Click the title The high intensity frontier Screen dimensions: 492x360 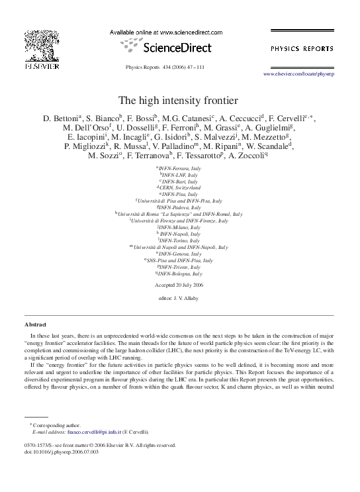(x=180, y=101)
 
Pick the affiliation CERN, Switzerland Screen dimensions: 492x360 (x=180, y=187)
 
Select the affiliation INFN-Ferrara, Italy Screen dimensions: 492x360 (x=180, y=169)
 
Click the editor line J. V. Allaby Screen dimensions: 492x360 (x=180, y=299)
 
